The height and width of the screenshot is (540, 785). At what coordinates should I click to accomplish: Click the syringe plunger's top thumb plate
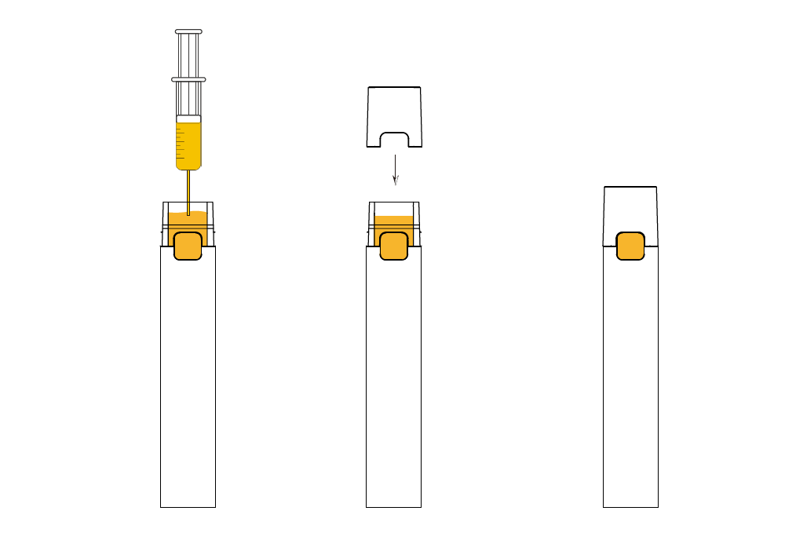click(x=188, y=32)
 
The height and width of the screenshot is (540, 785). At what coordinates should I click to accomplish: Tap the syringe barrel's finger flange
click(x=188, y=79)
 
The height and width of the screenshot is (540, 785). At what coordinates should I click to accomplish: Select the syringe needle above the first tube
click(x=188, y=188)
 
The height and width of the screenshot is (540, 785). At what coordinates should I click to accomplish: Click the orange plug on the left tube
click(x=188, y=246)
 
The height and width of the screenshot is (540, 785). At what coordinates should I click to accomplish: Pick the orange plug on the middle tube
click(x=394, y=246)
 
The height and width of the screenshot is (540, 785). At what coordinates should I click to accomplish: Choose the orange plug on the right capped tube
click(x=630, y=246)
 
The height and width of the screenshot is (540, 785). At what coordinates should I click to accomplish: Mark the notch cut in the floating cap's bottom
click(x=394, y=140)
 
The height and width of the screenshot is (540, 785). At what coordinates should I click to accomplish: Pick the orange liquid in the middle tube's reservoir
click(x=394, y=223)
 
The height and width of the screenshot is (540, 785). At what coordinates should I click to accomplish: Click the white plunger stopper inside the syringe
click(x=188, y=119)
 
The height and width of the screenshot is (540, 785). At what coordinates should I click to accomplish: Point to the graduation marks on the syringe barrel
click(x=181, y=145)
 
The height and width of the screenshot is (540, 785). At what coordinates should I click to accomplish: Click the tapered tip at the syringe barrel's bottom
click(x=188, y=167)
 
